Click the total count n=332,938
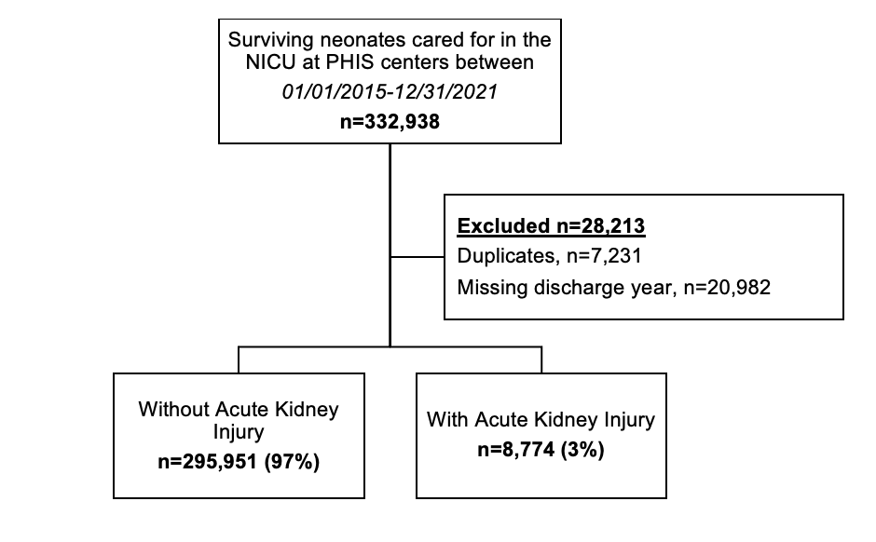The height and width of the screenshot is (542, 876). [390, 122]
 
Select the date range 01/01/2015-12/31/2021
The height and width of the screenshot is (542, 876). [390, 91]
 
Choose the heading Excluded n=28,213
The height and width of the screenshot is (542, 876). [551, 226]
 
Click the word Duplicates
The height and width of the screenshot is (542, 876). [506, 256]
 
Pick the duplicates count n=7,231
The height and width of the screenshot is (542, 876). [604, 256]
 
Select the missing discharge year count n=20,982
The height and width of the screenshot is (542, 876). [727, 288]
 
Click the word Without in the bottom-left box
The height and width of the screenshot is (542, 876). [173, 409]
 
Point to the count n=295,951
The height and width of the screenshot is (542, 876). [207, 462]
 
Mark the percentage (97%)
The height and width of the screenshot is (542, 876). [292, 462]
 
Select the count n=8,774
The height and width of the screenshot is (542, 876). [516, 450]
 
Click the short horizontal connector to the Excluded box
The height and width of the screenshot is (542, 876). [417, 257]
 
